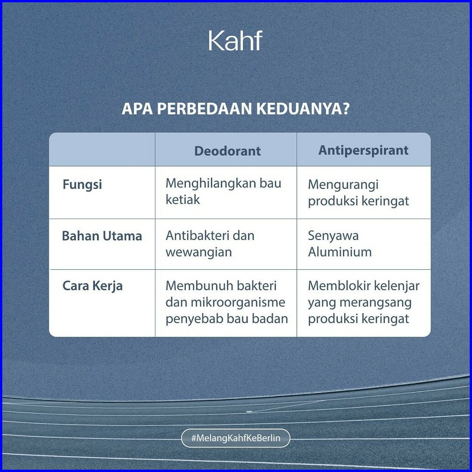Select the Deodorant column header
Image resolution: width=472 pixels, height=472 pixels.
point(227,151)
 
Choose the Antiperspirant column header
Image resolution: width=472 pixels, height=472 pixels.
point(363,151)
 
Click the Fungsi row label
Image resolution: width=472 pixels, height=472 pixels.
point(82,184)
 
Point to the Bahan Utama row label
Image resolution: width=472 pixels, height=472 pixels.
point(102,236)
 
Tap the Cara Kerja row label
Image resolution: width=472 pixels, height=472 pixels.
point(92,286)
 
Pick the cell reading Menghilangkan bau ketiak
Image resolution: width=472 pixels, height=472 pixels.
point(223,191)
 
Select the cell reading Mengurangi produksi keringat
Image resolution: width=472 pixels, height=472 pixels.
point(358,193)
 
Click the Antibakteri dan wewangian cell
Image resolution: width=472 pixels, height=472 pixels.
point(210,244)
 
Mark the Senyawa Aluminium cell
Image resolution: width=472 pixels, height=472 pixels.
point(340,244)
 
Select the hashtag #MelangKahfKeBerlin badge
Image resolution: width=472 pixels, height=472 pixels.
point(236,438)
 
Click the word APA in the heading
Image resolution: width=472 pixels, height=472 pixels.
point(137,109)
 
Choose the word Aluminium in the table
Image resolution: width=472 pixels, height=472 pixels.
point(340,252)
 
